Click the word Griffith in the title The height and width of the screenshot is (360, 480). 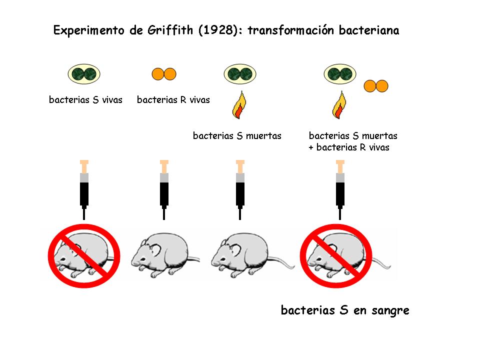click(168, 30)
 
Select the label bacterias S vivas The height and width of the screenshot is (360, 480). click(85, 100)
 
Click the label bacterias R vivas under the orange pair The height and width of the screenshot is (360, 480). click(173, 100)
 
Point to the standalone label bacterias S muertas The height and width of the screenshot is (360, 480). click(237, 135)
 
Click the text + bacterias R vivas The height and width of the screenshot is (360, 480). click(349, 147)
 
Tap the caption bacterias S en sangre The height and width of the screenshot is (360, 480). click(345, 310)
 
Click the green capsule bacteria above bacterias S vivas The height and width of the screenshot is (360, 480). click(84, 74)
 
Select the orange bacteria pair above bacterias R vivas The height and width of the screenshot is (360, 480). click(164, 74)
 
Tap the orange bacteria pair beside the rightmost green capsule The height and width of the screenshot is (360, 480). click(376, 86)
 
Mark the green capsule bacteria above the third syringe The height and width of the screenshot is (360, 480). click(240, 74)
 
